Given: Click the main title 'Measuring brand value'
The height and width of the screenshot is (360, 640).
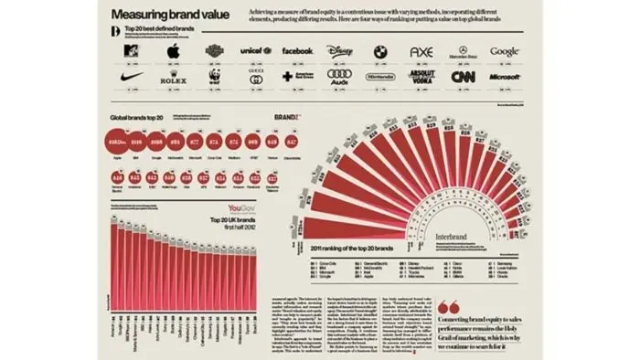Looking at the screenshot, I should click(165, 15).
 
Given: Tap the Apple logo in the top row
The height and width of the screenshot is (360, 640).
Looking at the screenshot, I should click(170, 52).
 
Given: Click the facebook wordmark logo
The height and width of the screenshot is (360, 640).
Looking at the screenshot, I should click(297, 51).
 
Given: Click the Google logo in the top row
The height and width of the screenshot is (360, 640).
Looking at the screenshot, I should click(504, 51).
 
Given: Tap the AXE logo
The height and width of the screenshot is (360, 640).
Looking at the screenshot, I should click(421, 52).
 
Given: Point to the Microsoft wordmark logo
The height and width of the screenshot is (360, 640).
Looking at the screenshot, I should click(504, 79).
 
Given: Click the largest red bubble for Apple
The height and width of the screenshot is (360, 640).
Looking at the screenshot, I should click(116, 143).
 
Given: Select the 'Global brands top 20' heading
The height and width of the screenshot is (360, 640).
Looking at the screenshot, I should click(138, 119).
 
